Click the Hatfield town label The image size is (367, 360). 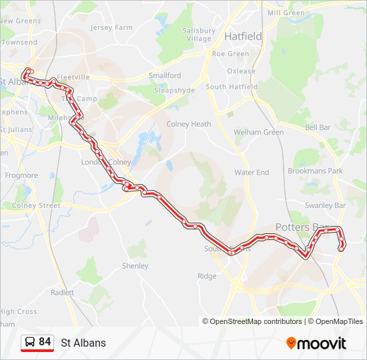(x=243, y=36)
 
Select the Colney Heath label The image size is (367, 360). (x=188, y=124)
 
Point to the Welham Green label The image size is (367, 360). (x=258, y=133)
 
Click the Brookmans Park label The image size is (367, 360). (x=315, y=171)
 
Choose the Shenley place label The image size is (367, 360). (x=135, y=266)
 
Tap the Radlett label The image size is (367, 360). (x=62, y=293)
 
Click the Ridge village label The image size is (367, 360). (x=207, y=276)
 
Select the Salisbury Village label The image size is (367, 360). (x=198, y=35)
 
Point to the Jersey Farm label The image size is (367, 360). (x=111, y=28)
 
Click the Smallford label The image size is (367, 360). (x=165, y=76)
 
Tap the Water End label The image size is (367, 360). (x=252, y=173)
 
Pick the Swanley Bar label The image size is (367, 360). (x=325, y=206)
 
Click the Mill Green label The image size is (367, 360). (x=286, y=13)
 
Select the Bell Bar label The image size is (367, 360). (x=318, y=127)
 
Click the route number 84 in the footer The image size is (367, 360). (x=45, y=342)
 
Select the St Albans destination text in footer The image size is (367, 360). (x=83, y=343)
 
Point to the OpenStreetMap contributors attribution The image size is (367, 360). (x=252, y=321)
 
